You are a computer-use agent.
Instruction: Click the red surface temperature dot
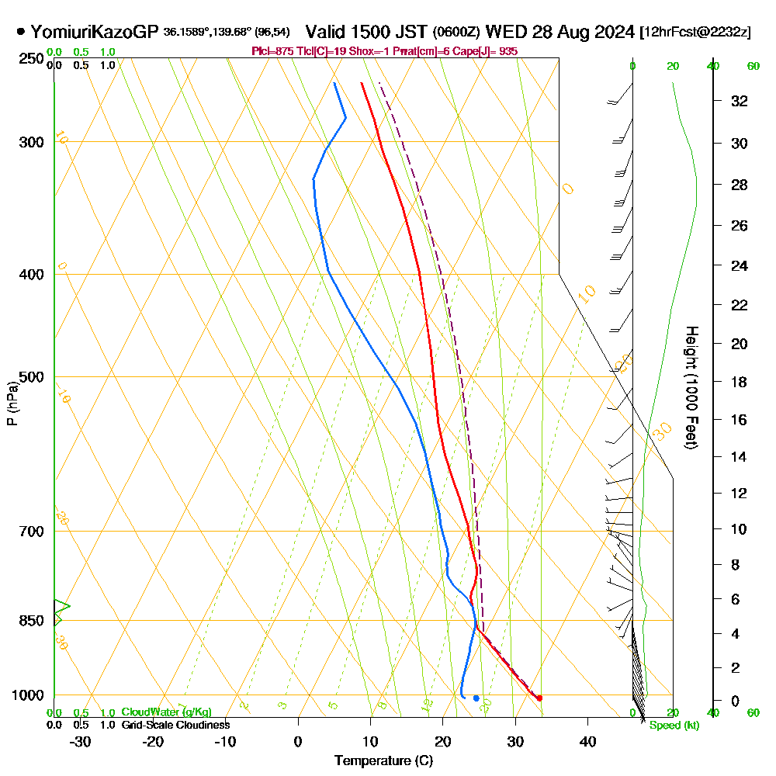coord(539,698)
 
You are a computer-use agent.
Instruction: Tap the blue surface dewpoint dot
coord(476,698)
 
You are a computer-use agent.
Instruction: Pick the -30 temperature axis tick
coord(81,741)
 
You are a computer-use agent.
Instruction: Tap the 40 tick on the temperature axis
coord(587,741)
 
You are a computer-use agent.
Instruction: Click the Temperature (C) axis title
coord(383,761)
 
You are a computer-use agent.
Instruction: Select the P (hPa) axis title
coord(12,403)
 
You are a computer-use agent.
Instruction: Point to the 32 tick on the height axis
coord(740,101)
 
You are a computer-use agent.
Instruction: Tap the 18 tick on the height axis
coord(740,382)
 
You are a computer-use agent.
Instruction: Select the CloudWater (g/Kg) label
coord(166,712)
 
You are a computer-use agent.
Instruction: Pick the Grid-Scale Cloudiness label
coord(175,725)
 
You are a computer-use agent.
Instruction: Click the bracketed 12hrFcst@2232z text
coord(695,33)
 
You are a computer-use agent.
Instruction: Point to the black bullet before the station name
coord(20,33)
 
